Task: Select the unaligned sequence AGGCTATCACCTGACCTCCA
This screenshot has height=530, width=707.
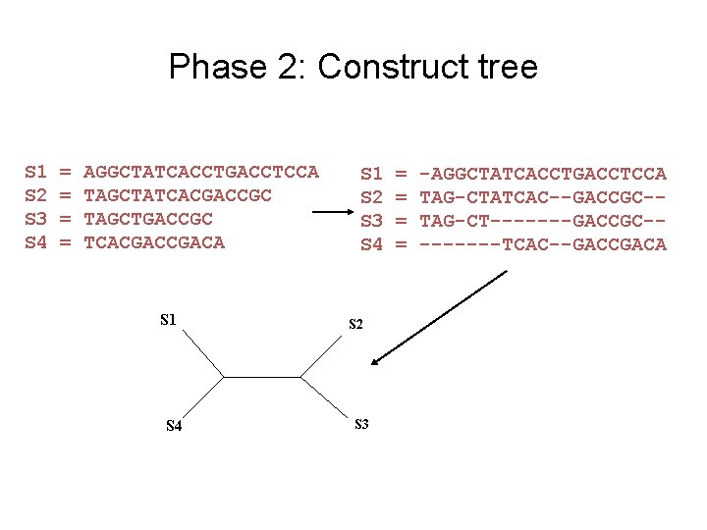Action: [x=201, y=173]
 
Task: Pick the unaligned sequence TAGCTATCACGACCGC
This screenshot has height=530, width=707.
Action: [x=178, y=195]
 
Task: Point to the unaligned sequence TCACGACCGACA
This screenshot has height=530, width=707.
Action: [x=154, y=242]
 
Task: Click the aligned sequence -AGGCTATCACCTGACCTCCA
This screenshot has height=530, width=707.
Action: [x=543, y=174]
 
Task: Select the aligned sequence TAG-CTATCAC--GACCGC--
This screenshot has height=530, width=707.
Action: [x=543, y=197]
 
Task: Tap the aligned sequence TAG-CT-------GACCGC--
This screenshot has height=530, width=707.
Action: [x=543, y=221]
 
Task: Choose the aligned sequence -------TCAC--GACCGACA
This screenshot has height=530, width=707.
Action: [x=543, y=244]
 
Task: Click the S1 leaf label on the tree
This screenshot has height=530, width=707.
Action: [x=168, y=318]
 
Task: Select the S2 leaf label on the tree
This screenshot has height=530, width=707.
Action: [x=355, y=324]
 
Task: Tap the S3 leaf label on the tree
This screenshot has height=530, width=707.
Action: [x=360, y=424]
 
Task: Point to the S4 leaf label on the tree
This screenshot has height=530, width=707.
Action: [x=174, y=426]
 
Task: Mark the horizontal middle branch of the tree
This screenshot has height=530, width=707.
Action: [x=261, y=375]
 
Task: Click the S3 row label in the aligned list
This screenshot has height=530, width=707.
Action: [x=371, y=221]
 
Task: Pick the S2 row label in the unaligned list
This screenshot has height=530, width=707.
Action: [x=35, y=195]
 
